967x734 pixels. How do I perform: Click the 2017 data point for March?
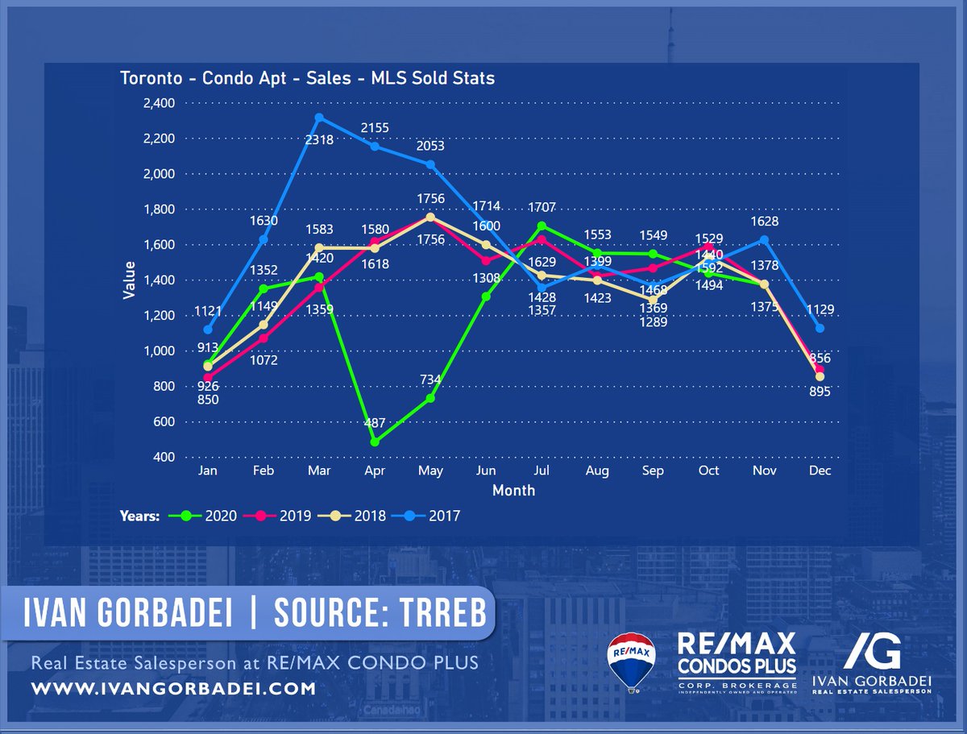click(x=319, y=118)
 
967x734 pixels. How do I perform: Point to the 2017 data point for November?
click(x=764, y=239)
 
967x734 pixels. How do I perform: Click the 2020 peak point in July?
click(x=542, y=226)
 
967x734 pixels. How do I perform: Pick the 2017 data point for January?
click(x=208, y=330)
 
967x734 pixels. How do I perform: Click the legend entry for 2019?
click(x=288, y=516)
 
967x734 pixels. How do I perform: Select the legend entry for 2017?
click(x=437, y=516)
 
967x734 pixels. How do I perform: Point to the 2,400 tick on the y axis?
click(x=159, y=103)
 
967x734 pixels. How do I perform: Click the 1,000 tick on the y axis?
click(x=159, y=351)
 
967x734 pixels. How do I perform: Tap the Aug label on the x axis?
click(x=597, y=471)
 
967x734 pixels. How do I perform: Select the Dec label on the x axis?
click(x=820, y=471)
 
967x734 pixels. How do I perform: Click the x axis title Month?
click(x=513, y=490)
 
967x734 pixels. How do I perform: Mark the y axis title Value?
click(x=129, y=280)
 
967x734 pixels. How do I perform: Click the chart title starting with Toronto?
click(x=307, y=78)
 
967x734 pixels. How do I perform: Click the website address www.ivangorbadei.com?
click(x=173, y=689)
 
